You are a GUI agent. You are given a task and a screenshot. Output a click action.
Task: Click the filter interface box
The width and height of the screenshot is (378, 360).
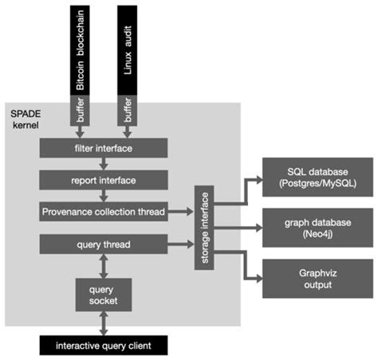(x=104, y=148)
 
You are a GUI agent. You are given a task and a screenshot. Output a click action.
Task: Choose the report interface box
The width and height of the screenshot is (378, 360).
(x=104, y=179)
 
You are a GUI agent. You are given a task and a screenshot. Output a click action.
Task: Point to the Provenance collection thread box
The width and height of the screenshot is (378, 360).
(x=104, y=212)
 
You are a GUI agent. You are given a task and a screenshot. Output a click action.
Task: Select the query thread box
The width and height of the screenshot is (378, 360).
(x=104, y=244)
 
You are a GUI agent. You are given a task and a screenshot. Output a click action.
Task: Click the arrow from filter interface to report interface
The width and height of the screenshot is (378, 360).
(x=104, y=163)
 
